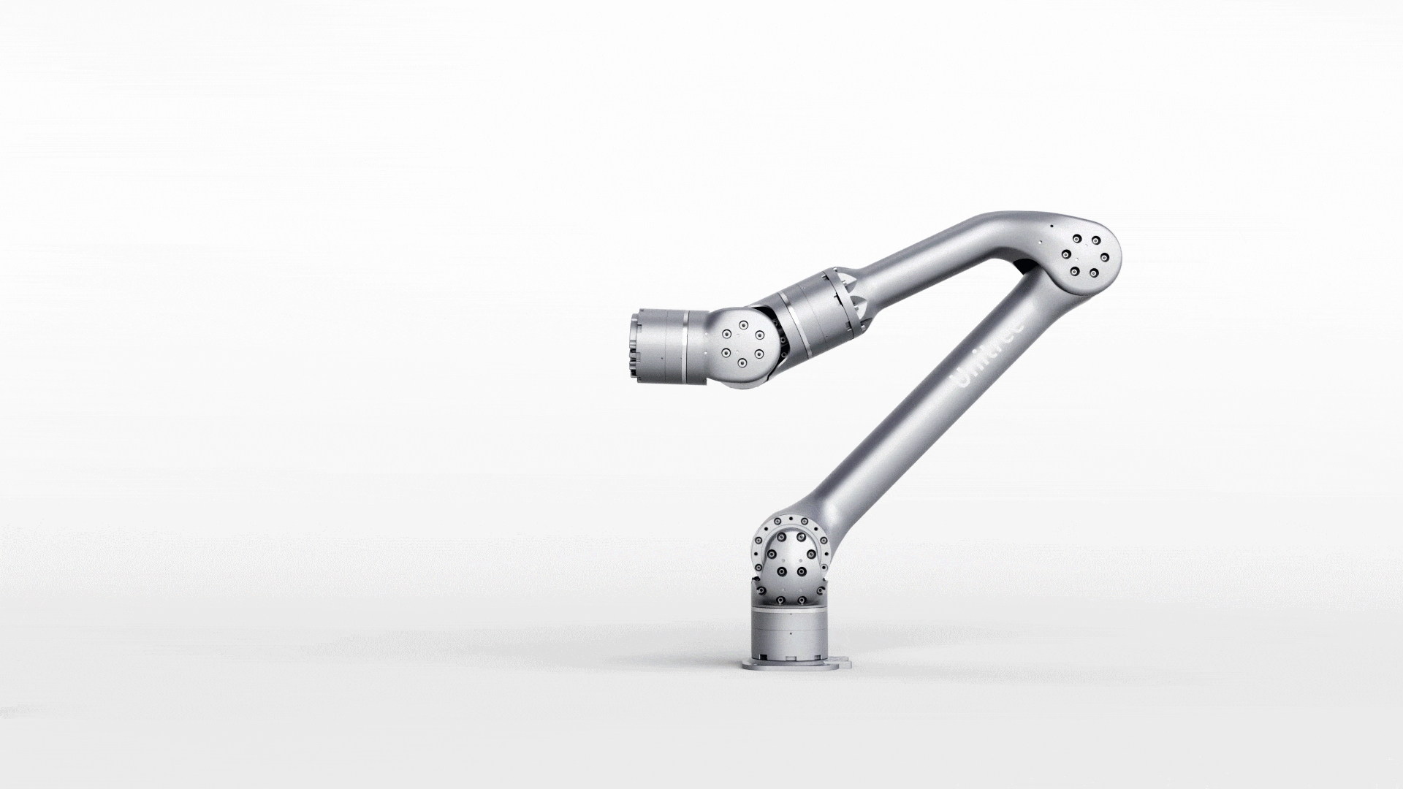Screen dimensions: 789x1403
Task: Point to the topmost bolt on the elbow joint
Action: click(x=1076, y=239)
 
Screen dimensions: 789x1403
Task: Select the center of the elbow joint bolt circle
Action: click(x=1085, y=256)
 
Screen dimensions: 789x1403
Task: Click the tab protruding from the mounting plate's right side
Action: click(x=847, y=665)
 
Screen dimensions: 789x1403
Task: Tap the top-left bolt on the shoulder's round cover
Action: click(x=781, y=537)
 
